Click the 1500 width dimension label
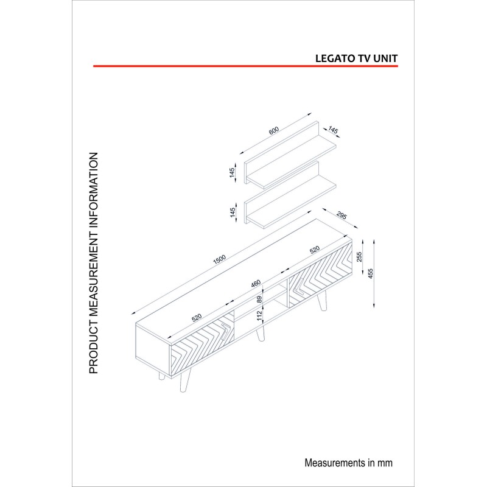(x=219, y=259)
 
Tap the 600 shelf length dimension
(x=273, y=131)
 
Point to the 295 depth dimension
(x=342, y=215)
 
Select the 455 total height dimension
(x=370, y=273)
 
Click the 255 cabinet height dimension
(x=359, y=256)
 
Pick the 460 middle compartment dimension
(x=256, y=284)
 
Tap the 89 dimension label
(x=259, y=300)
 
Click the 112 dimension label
(x=260, y=316)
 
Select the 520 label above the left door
(x=197, y=318)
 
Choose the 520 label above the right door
(x=315, y=250)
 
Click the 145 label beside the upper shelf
(x=232, y=173)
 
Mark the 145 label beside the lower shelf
(x=233, y=212)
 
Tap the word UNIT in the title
(x=385, y=58)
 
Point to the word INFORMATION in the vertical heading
(x=94, y=195)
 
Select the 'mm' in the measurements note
(x=385, y=463)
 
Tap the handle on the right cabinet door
(x=300, y=287)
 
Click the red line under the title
(x=245, y=66)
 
